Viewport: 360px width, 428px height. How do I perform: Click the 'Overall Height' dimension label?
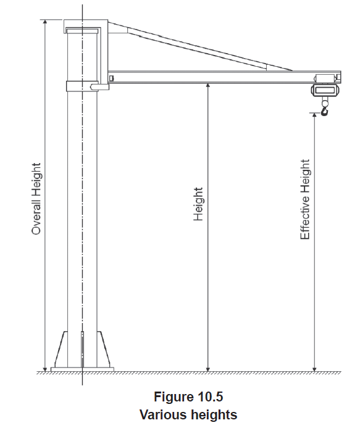click(36, 199)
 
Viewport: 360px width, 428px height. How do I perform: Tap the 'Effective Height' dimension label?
click(305, 199)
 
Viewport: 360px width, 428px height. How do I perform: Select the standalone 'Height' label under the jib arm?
click(198, 204)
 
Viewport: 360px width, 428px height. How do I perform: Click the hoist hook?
click(325, 111)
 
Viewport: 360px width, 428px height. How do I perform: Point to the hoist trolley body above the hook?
click(325, 90)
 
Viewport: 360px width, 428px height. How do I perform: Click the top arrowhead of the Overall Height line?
click(45, 22)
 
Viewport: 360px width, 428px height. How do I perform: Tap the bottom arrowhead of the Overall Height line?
click(45, 369)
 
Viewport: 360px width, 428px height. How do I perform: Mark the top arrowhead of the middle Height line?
click(207, 85)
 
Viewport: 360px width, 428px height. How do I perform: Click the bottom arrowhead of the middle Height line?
click(207, 369)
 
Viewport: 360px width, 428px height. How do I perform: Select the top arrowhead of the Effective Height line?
click(314, 115)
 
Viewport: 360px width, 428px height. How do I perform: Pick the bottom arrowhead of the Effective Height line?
click(314, 369)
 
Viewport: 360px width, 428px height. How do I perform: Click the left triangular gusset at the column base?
click(62, 350)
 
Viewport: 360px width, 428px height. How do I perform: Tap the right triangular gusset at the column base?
click(103, 350)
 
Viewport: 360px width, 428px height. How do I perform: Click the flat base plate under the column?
click(82, 369)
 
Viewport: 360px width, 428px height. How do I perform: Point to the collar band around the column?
click(82, 86)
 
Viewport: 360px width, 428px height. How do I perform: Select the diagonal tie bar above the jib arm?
click(199, 47)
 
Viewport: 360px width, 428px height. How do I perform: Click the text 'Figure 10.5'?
click(188, 397)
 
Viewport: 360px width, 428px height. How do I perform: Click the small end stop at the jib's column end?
click(111, 78)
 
